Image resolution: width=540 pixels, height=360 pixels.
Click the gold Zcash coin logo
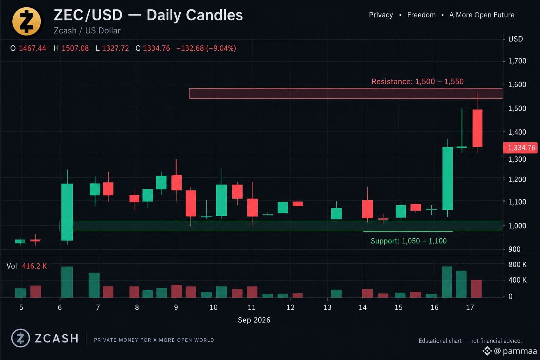pyautogui.click(x=26, y=21)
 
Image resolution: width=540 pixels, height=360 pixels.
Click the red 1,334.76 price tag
pyautogui.click(x=521, y=148)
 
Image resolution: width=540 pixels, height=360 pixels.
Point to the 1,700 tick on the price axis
pyautogui.click(x=517, y=61)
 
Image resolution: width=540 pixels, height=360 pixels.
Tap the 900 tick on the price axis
pyautogui.click(x=514, y=249)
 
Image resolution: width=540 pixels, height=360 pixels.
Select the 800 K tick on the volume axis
pyautogui.click(x=517, y=264)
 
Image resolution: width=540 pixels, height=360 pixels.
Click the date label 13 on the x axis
pyautogui.click(x=327, y=307)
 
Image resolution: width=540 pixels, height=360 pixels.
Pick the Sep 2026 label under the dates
pyautogui.click(x=254, y=320)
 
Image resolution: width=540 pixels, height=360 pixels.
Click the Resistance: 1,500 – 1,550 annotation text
pyautogui.click(x=418, y=82)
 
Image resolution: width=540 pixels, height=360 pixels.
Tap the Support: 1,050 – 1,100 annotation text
pyautogui.click(x=409, y=241)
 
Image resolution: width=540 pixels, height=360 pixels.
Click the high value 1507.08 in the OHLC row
pyautogui.click(x=75, y=48)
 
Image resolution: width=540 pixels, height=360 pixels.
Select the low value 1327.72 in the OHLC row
pyautogui.click(x=115, y=48)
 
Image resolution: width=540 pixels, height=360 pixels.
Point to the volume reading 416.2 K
pyautogui.click(x=34, y=266)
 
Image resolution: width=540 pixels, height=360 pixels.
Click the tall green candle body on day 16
pyautogui.click(x=448, y=179)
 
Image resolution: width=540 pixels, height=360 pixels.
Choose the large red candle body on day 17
pyautogui.click(x=477, y=128)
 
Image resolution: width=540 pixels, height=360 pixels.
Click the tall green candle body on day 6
pyautogui.click(x=67, y=212)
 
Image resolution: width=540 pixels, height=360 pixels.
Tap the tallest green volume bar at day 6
pyautogui.click(x=67, y=282)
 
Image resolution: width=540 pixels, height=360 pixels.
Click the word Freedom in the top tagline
pyautogui.click(x=422, y=15)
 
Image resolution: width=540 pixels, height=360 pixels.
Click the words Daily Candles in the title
pyautogui.click(x=194, y=15)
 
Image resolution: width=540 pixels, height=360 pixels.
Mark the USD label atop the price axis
pyautogui.click(x=516, y=39)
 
